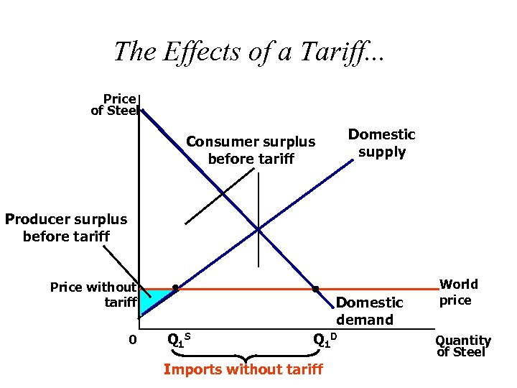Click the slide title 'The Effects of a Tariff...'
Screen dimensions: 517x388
(x=249, y=51)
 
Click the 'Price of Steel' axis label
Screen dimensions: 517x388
(x=114, y=104)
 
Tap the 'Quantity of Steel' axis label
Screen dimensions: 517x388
(x=463, y=346)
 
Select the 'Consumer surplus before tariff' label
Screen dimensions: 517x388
(x=251, y=150)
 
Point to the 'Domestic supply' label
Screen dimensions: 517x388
(x=381, y=143)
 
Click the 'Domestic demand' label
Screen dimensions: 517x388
(x=369, y=311)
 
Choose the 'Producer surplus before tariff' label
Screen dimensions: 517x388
(x=65, y=228)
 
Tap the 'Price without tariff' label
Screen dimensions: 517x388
(x=93, y=295)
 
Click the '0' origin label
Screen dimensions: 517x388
(x=131, y=338)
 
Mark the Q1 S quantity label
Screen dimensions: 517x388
(x=177, y=338)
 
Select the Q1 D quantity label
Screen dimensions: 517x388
(x=325, y=339)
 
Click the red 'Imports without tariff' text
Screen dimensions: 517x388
(x=243, y=369)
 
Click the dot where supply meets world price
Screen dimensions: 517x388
(x=174, y=289)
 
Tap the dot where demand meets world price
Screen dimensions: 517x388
(x=315, y=289)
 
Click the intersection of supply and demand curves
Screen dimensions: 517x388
(x=258, y=230)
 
